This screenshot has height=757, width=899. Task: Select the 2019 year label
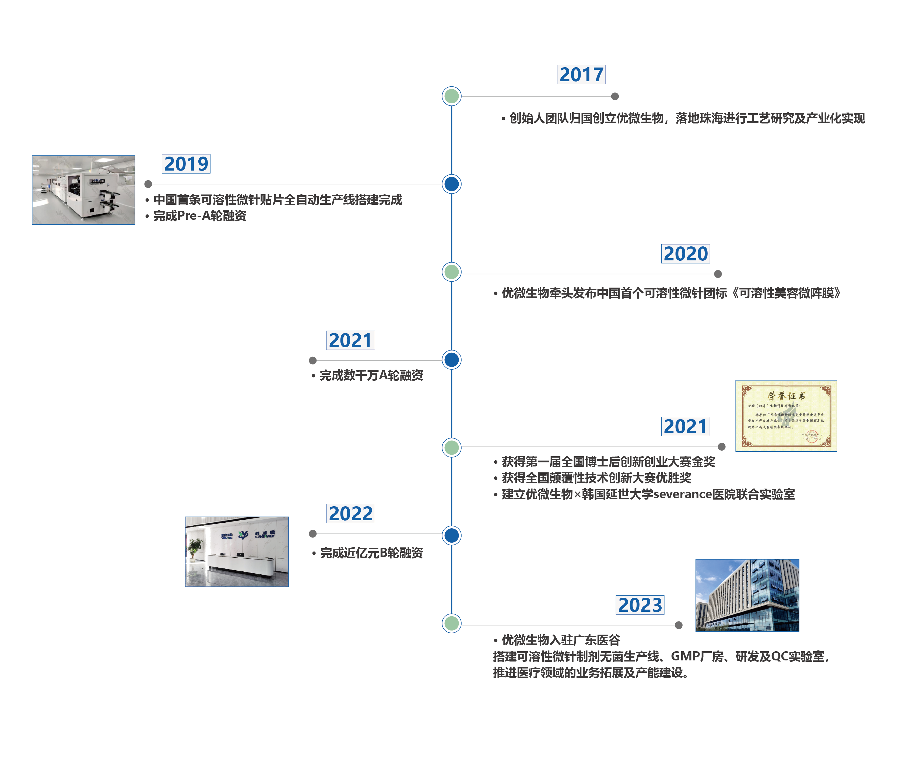(186, 164)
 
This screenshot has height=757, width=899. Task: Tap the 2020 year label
(685, 254)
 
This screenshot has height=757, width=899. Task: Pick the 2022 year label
(350, 514)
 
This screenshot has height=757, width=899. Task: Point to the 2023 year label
(640, 605)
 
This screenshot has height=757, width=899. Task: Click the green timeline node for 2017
(451, 96)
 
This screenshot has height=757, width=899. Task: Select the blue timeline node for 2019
(451, 184)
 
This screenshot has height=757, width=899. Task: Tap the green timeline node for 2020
(451, 272)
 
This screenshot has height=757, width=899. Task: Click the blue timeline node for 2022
(451, 536)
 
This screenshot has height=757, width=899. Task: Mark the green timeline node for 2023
(451, 624)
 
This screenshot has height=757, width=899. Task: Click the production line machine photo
(84, 190)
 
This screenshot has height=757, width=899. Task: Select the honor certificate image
(786, 415)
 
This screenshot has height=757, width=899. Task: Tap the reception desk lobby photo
(237, 552)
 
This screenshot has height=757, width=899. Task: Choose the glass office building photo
(747, 595)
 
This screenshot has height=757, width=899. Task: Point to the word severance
(682, 494)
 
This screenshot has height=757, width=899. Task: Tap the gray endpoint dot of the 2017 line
(615, 96)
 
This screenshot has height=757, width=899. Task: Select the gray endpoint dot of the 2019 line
(148, 184)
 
